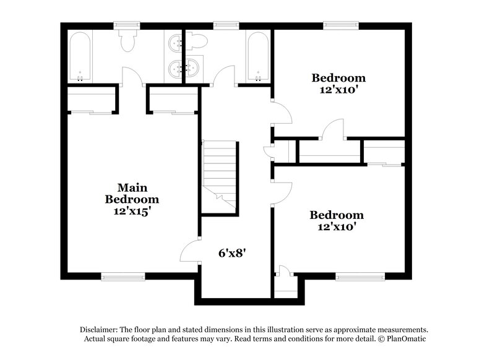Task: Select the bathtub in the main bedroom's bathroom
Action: tap(80, 57)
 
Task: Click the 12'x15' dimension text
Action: tap(132, 211)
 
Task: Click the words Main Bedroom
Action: tap(131, 193)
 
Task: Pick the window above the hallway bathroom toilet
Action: tap(222, 25)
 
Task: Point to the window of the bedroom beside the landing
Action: tap(353, 276)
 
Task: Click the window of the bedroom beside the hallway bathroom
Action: tap(338, 25)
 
